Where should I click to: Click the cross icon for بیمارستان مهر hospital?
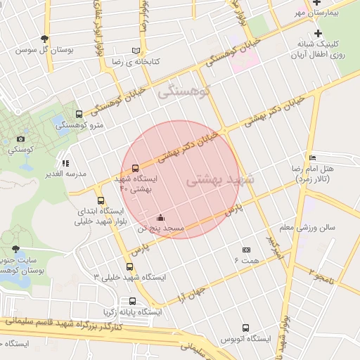[x=319, y=3]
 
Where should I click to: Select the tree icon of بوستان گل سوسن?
[x=45, y=39]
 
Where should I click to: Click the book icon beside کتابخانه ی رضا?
[x=136, y=51]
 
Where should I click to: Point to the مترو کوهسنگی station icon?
[x=78, y=114]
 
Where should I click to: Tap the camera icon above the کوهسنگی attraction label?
[x=20, y=139]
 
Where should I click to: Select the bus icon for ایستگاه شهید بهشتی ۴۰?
[x=134, y=169]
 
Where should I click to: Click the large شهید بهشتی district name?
[x=219, y=181]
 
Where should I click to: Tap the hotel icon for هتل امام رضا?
[x=313, y=157]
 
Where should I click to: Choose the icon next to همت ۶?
[x=246, y=250]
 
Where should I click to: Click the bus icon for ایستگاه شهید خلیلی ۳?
[x=129, y=266]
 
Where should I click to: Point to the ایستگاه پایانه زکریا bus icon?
[x=132, y=301]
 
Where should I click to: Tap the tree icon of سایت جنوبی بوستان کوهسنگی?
[x=15, y=249]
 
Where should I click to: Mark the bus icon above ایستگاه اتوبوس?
[x=245, y=328]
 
